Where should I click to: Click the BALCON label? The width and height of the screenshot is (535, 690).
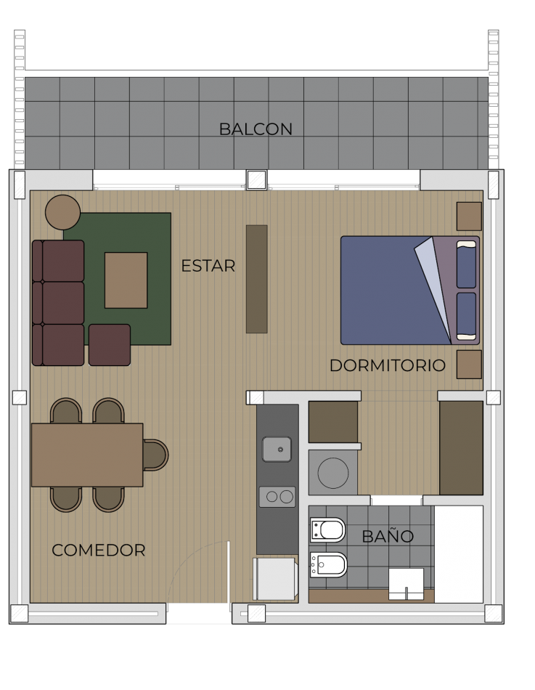(256, 129)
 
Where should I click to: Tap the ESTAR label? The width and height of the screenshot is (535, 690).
(208, 267)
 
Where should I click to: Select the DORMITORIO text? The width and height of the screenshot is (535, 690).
(387, 365)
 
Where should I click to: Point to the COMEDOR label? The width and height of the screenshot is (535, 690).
(99, 551)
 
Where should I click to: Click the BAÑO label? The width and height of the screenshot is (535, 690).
(388, 537)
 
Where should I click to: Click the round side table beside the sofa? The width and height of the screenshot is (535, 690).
(62, 212)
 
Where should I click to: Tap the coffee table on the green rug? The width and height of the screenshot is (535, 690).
(126, 280)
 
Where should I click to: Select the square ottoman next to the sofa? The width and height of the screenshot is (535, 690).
(110, 345)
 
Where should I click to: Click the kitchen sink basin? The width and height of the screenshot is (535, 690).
(277, 449)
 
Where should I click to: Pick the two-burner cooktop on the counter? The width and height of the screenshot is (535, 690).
(277, 497)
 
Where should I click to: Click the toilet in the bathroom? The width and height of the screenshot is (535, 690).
(328, 529)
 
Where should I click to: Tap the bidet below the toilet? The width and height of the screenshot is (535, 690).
(329, 564)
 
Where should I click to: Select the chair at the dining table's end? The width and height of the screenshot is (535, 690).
(155, 455)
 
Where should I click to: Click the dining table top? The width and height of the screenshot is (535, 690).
(86, 455)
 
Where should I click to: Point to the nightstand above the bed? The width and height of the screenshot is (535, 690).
(469, 216)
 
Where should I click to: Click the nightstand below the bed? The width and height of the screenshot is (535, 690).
(469, 365)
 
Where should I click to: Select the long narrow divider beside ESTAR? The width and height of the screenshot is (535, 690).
(256, 279)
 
